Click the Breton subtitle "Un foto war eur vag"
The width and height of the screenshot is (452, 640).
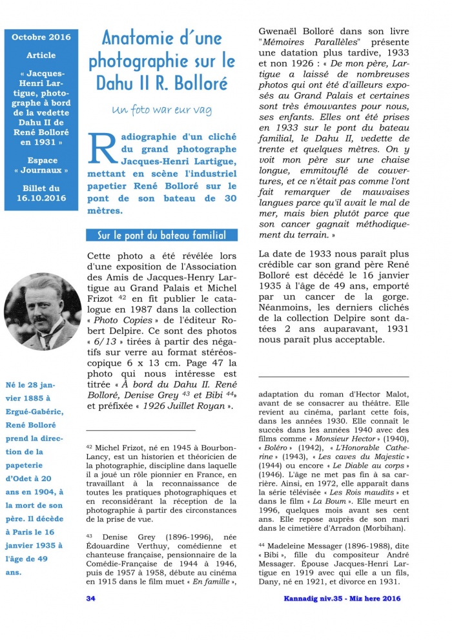pyautogui.click(x=161, y=110)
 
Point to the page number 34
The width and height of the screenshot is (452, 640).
pyautogui.click(x=91, y=599)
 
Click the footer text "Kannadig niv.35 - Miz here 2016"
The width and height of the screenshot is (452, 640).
pyautogui.click(x=342, y=599)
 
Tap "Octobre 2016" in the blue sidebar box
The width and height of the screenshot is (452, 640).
pyautogui.click(x=41, y=37)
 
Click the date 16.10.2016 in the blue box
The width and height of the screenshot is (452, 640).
pyautogui.click(x=41, y=198)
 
